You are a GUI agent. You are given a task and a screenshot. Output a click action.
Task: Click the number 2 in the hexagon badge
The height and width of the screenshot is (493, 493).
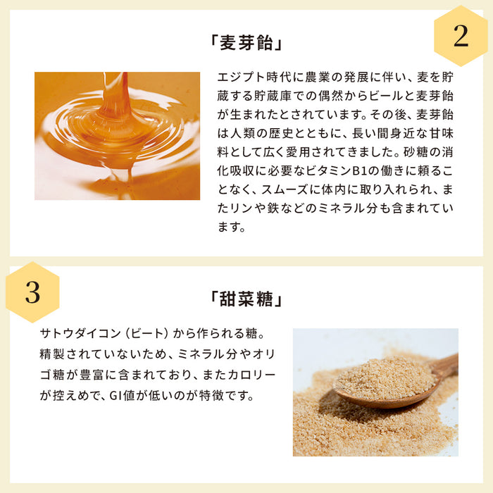[460, 36]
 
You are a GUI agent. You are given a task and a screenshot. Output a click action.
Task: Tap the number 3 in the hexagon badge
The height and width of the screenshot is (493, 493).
[32, 292]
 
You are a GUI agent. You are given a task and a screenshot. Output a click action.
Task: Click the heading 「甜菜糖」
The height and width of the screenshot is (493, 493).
[246, 299]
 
